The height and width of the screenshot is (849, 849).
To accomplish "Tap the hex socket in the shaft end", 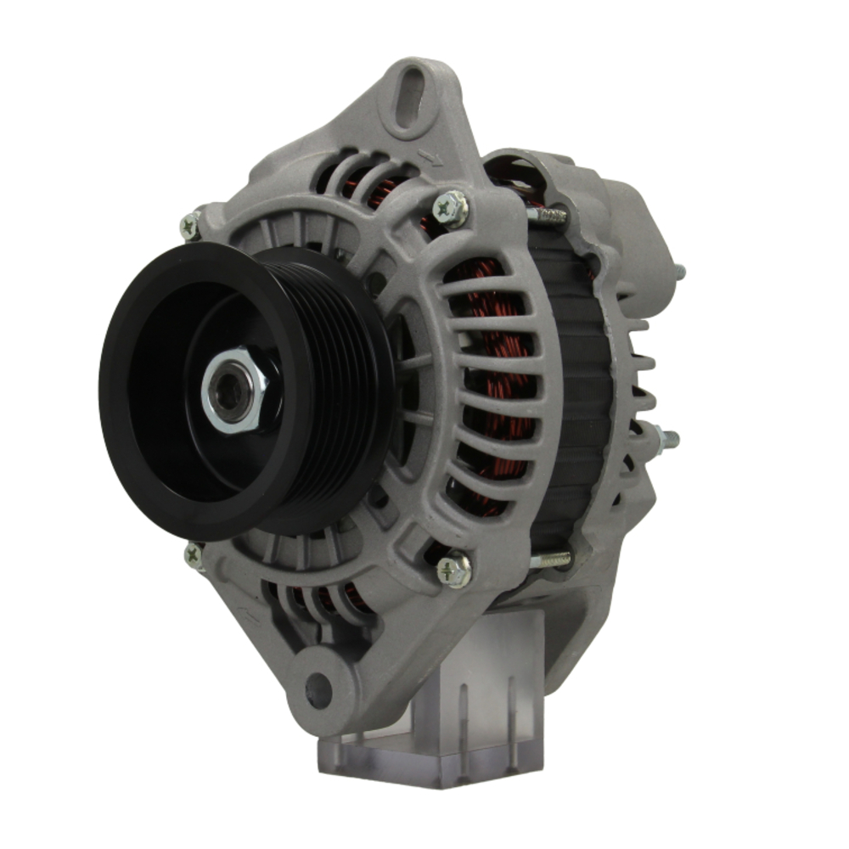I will click(230, 391).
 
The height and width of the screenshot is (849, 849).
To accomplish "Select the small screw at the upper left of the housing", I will click(191, 225).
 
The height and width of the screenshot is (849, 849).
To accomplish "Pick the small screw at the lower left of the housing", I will click(194, 556).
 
